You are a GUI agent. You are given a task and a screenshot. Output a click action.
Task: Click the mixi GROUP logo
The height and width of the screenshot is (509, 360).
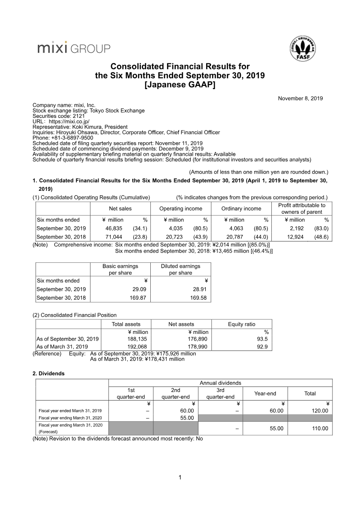coord(73,48)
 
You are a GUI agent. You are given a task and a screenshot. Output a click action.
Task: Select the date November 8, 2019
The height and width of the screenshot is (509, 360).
coord(300,98)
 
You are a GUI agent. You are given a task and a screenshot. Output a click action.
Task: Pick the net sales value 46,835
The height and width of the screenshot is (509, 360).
coord(114,228)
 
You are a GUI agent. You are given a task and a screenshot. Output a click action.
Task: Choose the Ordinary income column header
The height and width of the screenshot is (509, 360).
coord(241,208)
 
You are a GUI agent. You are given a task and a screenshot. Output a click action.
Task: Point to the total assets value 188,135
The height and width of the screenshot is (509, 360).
coord(139,339)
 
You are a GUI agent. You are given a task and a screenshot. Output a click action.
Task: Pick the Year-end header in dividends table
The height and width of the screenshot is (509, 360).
coord(265,393)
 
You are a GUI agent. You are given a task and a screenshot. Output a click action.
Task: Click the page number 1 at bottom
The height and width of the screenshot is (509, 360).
coord(180,477)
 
